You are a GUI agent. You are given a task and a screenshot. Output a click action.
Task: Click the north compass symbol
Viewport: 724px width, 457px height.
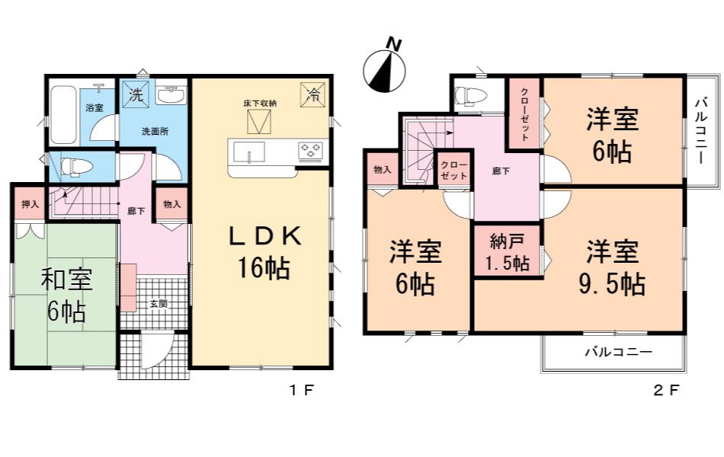(x=384, y=69)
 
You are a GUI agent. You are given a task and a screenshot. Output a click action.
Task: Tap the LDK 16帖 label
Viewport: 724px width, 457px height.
(x=265, y=253)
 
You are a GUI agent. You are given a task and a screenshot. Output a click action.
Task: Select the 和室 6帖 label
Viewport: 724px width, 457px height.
(x=66, y=296)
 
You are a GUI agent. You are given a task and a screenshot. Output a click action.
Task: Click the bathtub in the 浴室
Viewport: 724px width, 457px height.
(x=62, y=114)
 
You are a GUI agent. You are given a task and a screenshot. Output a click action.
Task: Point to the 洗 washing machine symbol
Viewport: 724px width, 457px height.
(x=136, y=95)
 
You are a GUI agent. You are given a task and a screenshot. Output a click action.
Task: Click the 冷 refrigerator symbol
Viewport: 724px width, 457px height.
(x=313, y=94)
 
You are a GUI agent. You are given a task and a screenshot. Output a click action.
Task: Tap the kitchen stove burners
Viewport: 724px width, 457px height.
(x=310, y=151)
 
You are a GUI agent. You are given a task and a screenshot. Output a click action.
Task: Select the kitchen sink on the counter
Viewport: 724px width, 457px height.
(x=249, y=152)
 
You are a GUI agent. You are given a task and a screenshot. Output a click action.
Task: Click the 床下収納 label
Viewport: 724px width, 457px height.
(x=260, y=103)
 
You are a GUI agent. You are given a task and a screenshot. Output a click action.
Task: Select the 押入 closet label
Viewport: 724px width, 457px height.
(x=30, y=203)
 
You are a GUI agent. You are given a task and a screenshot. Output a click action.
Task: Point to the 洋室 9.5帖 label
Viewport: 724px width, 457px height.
(x=612, y=268)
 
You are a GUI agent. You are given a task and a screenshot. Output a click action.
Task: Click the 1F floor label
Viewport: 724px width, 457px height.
(x=302, y=391)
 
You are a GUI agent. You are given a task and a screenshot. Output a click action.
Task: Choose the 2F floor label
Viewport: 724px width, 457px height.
(x=666, y=391)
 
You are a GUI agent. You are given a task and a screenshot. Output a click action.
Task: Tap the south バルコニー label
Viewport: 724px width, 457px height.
(x=619, y=352)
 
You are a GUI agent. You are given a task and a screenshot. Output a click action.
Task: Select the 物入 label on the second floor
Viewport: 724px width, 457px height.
(x=382, y=169)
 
